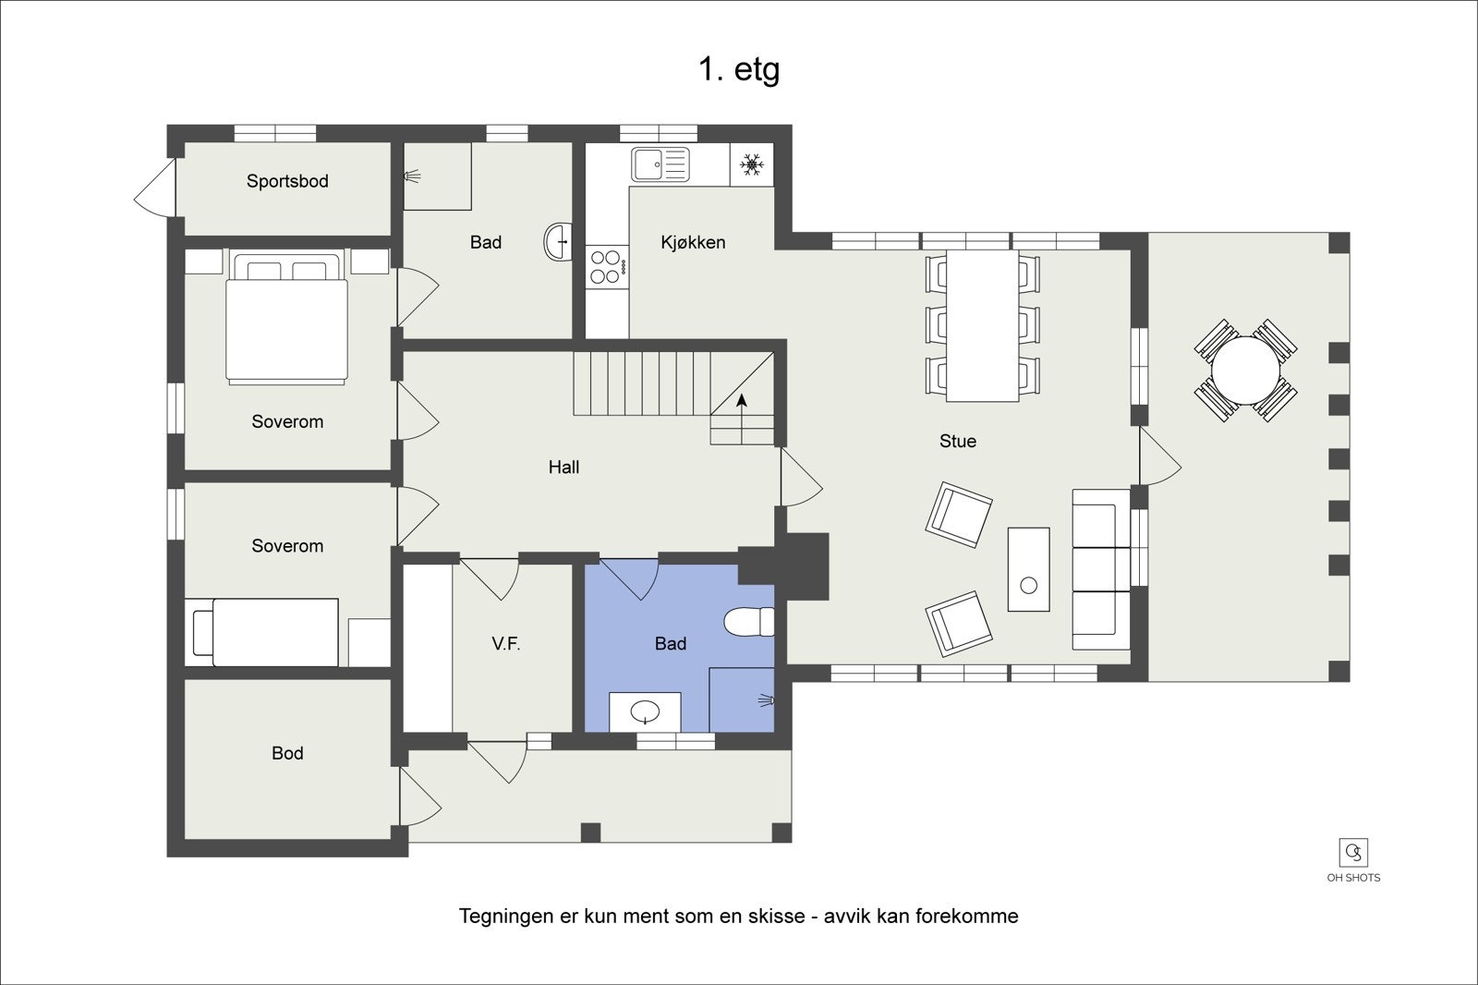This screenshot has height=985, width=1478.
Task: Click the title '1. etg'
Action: [x=738, y=69]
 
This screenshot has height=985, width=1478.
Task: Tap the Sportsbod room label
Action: [x=287, y=181]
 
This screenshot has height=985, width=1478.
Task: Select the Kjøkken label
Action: [x=693, y=242]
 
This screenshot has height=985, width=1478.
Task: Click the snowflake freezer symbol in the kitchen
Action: [x=752, y=166]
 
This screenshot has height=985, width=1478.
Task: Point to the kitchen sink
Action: [x=660, y=165]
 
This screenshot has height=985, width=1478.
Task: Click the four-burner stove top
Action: [x=606, y=267]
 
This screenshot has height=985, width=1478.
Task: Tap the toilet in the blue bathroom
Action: [x=748, y=622]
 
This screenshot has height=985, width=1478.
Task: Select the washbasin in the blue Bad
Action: [x=645, y=711]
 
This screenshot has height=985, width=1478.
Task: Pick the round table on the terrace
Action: [x=1245, y=371]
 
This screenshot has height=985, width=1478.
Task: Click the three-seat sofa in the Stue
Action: [x=1100, y=569]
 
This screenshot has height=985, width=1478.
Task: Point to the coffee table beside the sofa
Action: [x=1028, y=569]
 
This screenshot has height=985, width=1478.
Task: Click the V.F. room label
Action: [x=505, y=644]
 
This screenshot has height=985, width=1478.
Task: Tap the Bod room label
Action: [x=287, y=753]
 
